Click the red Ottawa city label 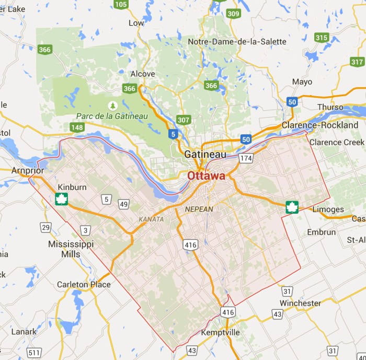pyautogui.click(x=207, y=176)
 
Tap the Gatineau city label pyautogui.click(x=205, y=155)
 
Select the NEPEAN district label pyautogui.click(x=199, y=209)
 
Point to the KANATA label pyautogui.click(x=151, y=219)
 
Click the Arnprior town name pyautogui.click(x=28, y=170)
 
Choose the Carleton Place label pyautogui.click(x=84, y=285)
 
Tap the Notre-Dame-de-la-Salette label pyautogui.click(x=237, y=41)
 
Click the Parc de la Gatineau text pyautogui.click(x=112, y=116)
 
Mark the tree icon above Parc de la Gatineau pyautogui.click(x=112, y=105)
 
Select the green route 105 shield pyautogui.click(x=121, y=5)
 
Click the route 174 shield pyautogui.click(x=246, y=157)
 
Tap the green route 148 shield pyautogui.click(x=77, y=127)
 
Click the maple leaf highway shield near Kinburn pyautogui.click(x=62, y=199)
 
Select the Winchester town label pyautogui.click(x=300, y=303)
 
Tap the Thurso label pyautogui.click(x=330, y=107)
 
